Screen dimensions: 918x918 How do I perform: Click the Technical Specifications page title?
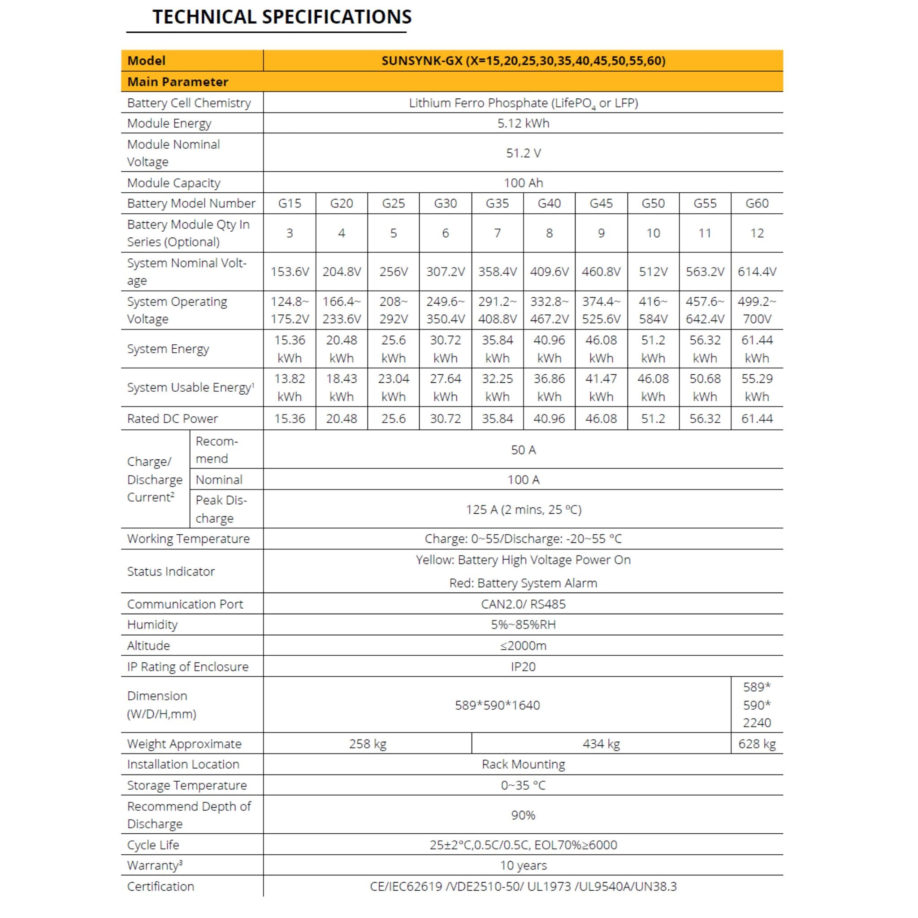(281, 17)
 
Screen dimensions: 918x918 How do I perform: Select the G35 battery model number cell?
(497, 204)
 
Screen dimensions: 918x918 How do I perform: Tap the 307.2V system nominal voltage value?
(445, 272)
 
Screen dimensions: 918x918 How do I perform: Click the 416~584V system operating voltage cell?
(653, 310)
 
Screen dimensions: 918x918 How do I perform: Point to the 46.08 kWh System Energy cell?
(601, 349)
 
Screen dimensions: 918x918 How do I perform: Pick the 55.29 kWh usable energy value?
(757, 387)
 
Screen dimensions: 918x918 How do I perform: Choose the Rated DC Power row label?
(173, 419)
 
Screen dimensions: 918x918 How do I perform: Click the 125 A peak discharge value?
(523, 509)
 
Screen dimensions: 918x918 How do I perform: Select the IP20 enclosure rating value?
(523, 667)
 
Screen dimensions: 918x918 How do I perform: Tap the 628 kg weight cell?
(757, 744)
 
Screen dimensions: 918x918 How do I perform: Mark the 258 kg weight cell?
(367, 744)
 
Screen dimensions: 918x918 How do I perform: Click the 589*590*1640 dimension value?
(497, 705)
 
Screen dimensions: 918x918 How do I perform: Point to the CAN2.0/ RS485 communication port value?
(523, 604)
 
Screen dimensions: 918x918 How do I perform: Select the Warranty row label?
(155, 866)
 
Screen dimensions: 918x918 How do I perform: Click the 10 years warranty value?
(523, 866)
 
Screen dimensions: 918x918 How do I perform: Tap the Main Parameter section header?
(178, 82)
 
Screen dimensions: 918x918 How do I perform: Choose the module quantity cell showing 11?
(705, 233)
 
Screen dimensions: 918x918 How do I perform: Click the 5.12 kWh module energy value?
(523, 124)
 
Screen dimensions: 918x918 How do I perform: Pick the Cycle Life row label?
(153, 845)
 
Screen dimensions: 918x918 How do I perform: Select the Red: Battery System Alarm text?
(523, 583)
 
